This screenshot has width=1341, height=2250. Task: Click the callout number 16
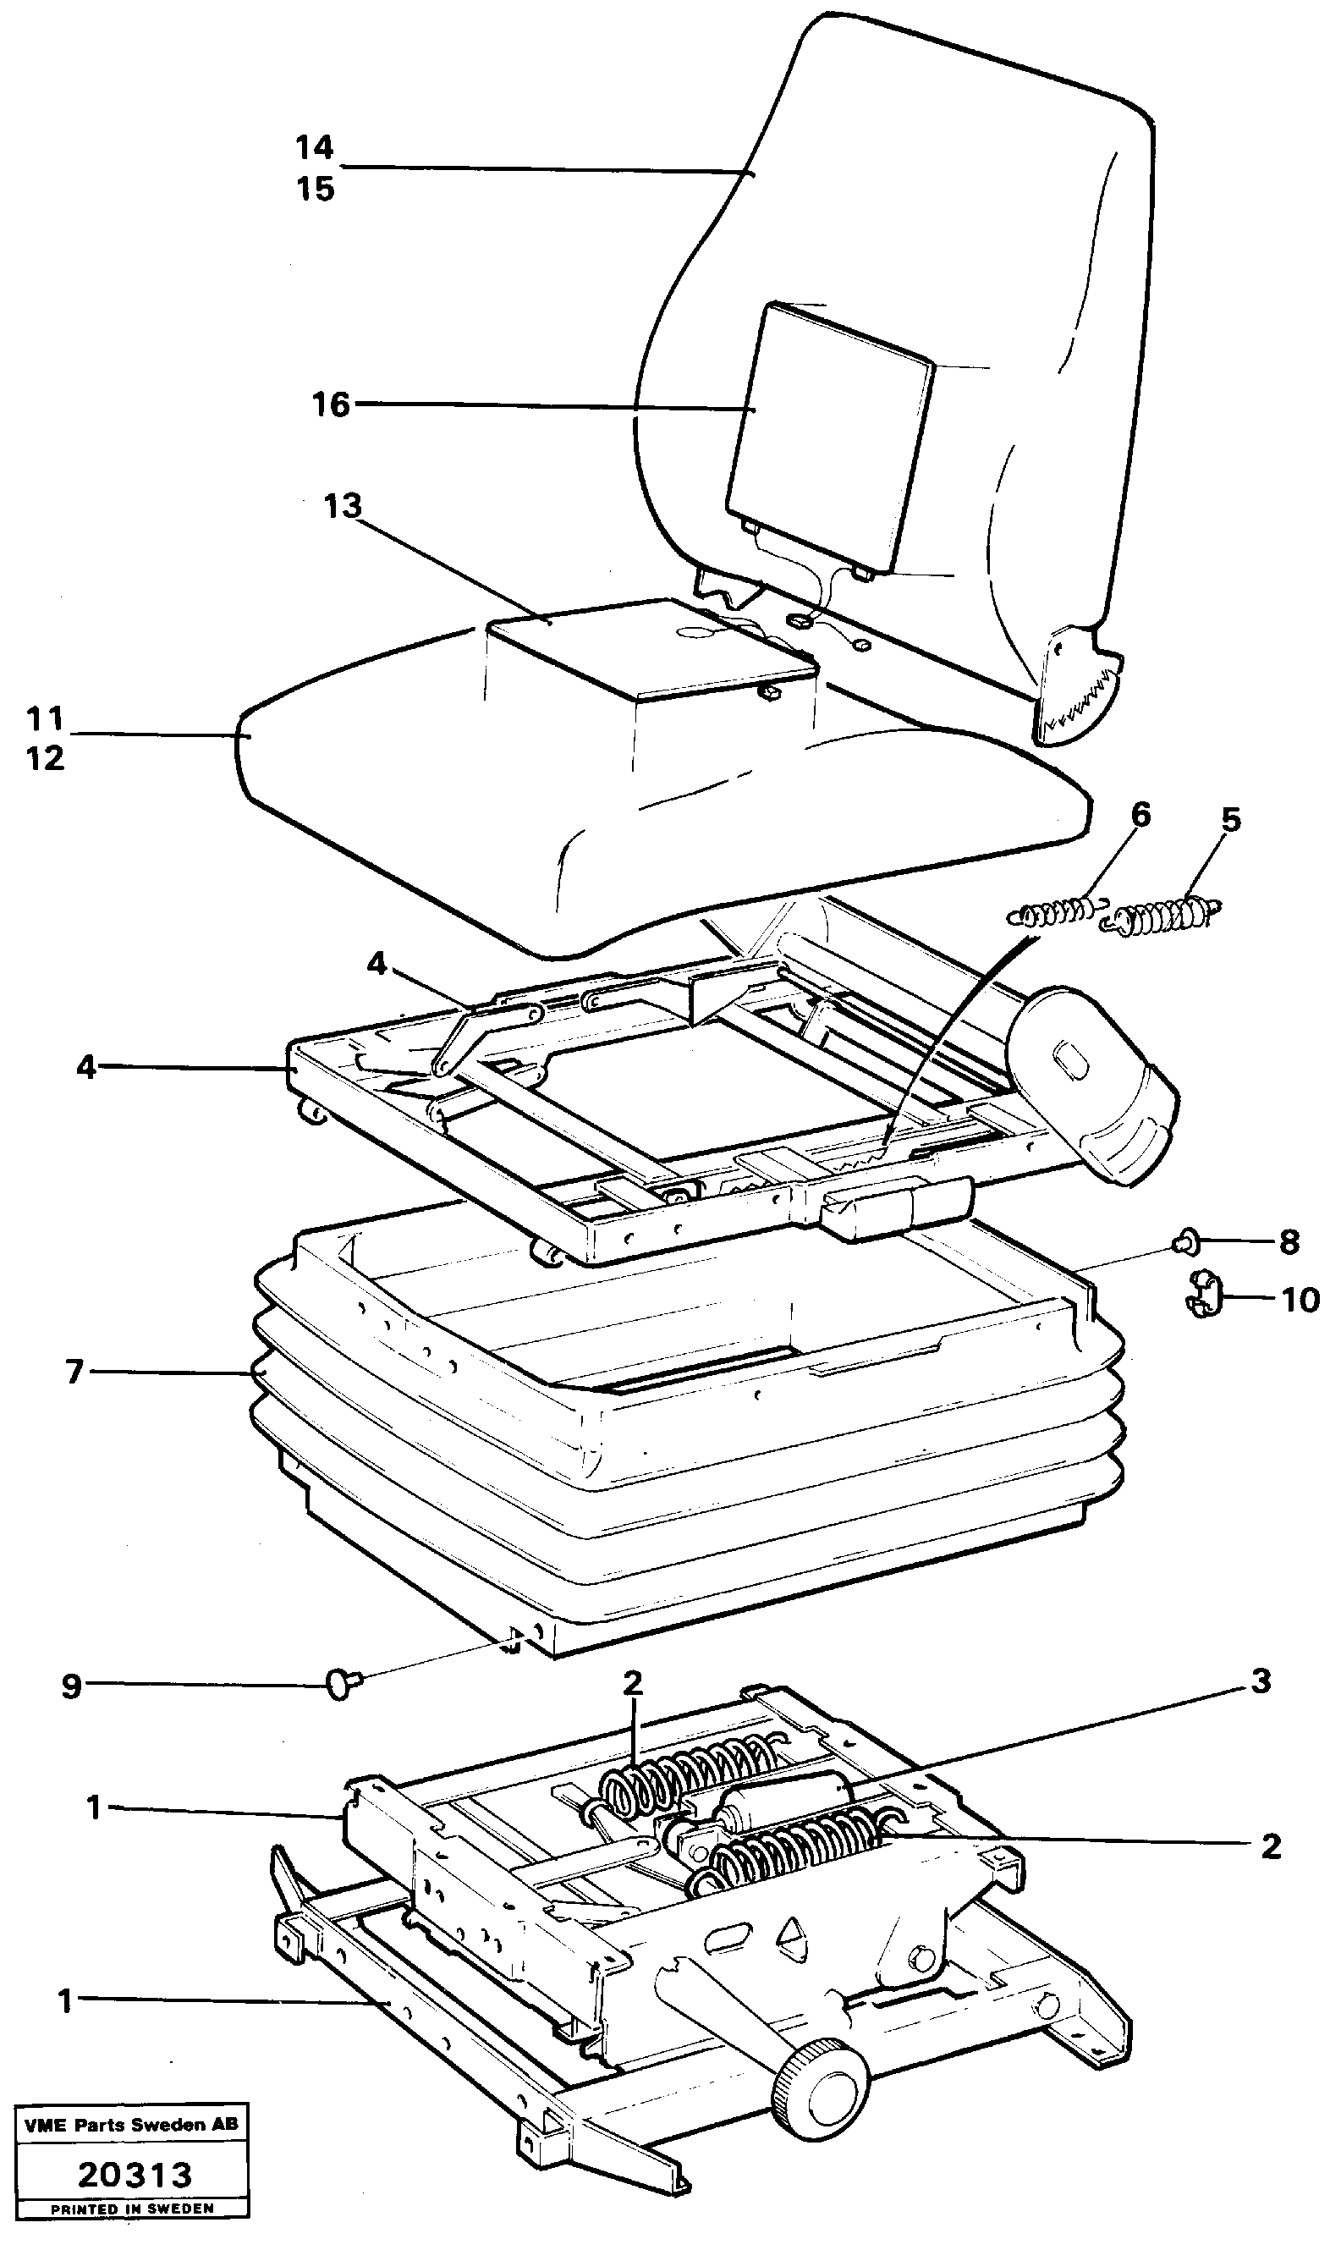[x=331, y=404]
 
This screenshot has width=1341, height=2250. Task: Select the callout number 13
[x=343, y=506]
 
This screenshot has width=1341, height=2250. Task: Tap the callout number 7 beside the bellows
[x=74, y=1372]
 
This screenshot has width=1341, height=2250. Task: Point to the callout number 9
[x=71, y=1686]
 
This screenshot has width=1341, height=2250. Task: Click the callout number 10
[x=1300, y=1301]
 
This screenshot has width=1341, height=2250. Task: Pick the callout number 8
[x=1289, y=1242]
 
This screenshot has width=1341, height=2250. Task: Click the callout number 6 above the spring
[x=1141, y=815]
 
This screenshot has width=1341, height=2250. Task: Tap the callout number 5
[x=1231, y=821]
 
